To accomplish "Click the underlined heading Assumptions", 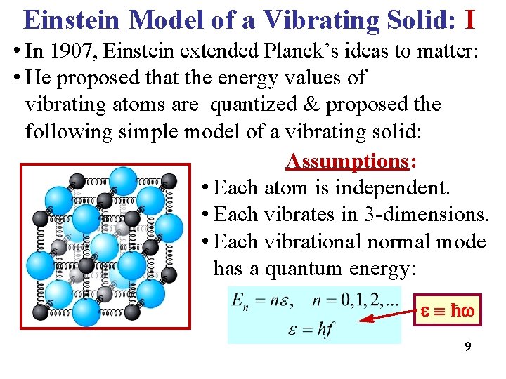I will tap(347, 161).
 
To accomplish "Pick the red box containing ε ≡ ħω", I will tap(448, 310).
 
